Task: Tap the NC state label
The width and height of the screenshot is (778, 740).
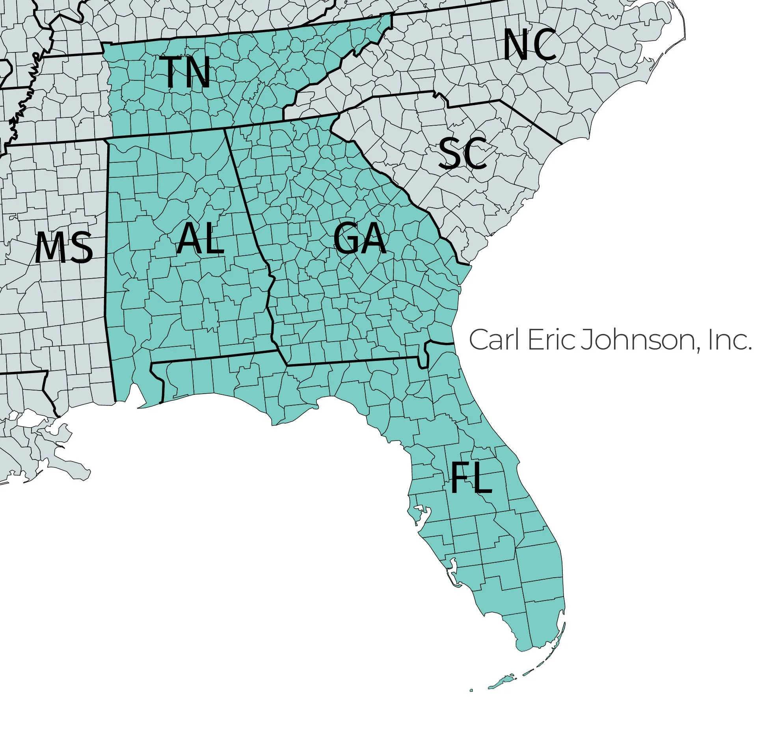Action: coord(529,45)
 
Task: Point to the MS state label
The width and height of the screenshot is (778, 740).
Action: coord(64,248)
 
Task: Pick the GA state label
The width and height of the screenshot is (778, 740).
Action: coord(359,238)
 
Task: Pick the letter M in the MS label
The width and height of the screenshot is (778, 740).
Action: coord(50,248)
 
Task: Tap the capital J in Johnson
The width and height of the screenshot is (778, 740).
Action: coord(585,340)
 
